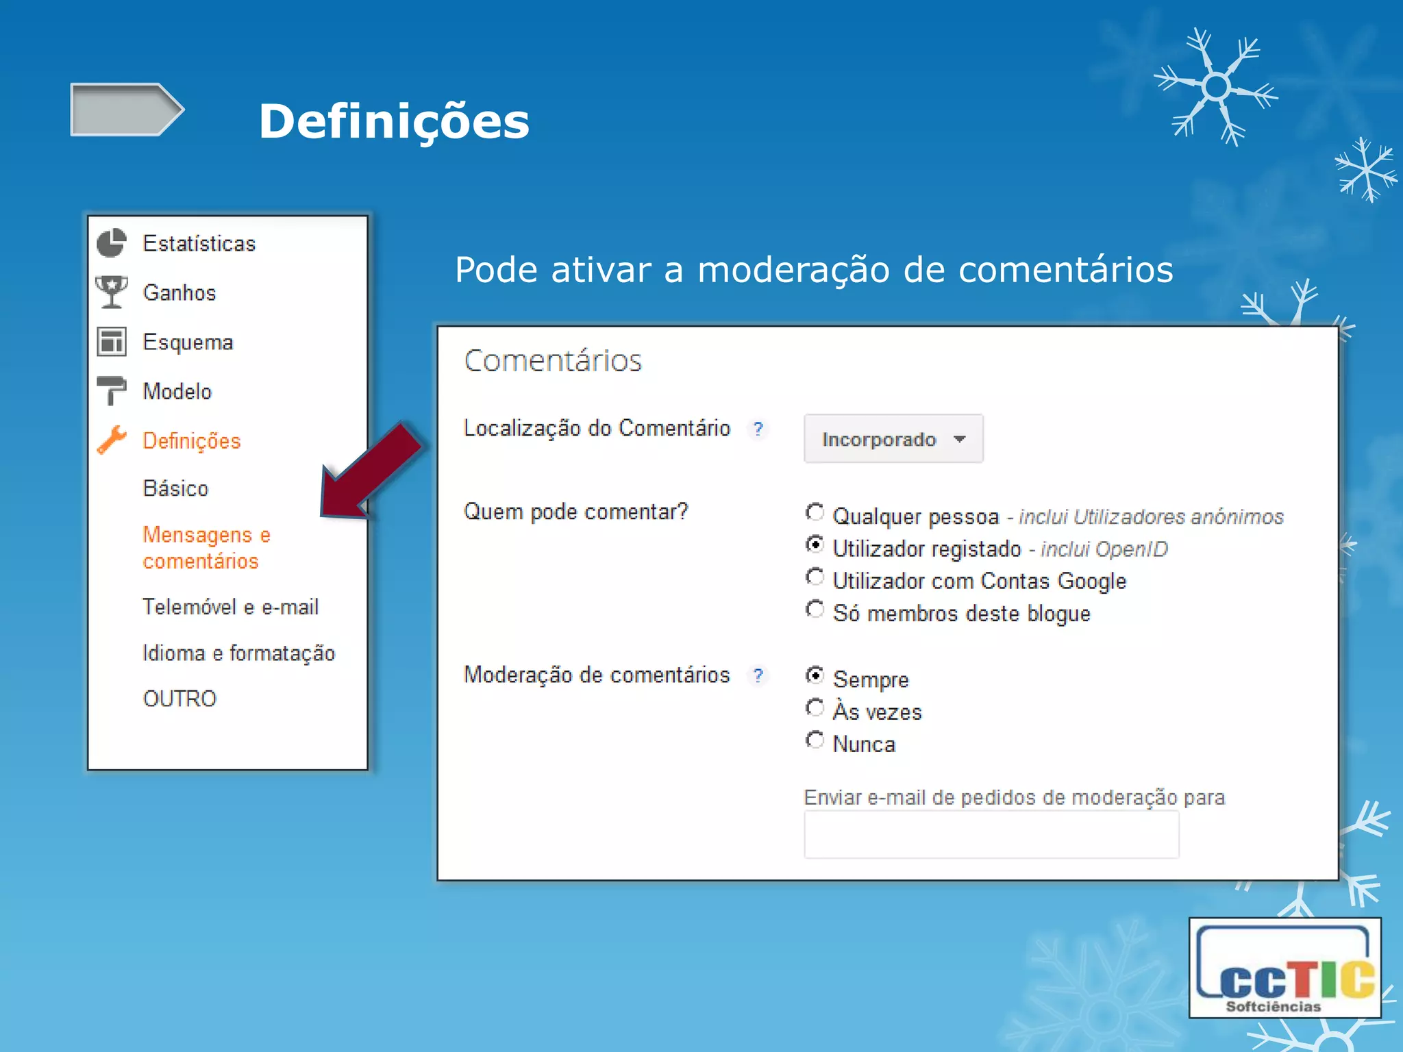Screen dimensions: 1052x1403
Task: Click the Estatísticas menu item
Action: (x=199, y=244)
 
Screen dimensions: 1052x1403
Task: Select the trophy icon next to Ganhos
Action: (x=112, y=292)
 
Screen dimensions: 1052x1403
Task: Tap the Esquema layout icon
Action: (x=112, y=342)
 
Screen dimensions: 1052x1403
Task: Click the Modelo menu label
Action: (x=177, y=392)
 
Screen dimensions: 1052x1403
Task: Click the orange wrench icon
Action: (x=112, y=440)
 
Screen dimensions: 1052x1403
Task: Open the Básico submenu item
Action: (x=175, y=488)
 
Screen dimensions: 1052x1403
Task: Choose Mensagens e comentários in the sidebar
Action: (x=206, y=547)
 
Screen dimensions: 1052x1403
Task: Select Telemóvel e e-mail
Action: (x=230, y=607)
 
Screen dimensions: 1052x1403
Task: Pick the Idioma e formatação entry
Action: (x=238, y=653)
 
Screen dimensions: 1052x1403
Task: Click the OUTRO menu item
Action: (x=179, y=699)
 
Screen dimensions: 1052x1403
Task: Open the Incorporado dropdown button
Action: (x=893, y=439)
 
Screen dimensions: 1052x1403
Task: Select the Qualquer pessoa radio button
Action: (x=815, y=512)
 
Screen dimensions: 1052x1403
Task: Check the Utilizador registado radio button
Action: (x=815, y=545)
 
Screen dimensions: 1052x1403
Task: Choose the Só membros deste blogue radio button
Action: (x=815, y=610)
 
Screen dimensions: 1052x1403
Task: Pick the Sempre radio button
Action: (x=815, y=675)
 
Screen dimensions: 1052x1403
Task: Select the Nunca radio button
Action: (x=815, y=740)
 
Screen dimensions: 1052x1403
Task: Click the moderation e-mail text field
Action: (x=991, y=834)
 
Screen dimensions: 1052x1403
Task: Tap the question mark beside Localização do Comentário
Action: (x=758, y=429)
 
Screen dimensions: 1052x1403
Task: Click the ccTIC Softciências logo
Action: (x=1284, y=968)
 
